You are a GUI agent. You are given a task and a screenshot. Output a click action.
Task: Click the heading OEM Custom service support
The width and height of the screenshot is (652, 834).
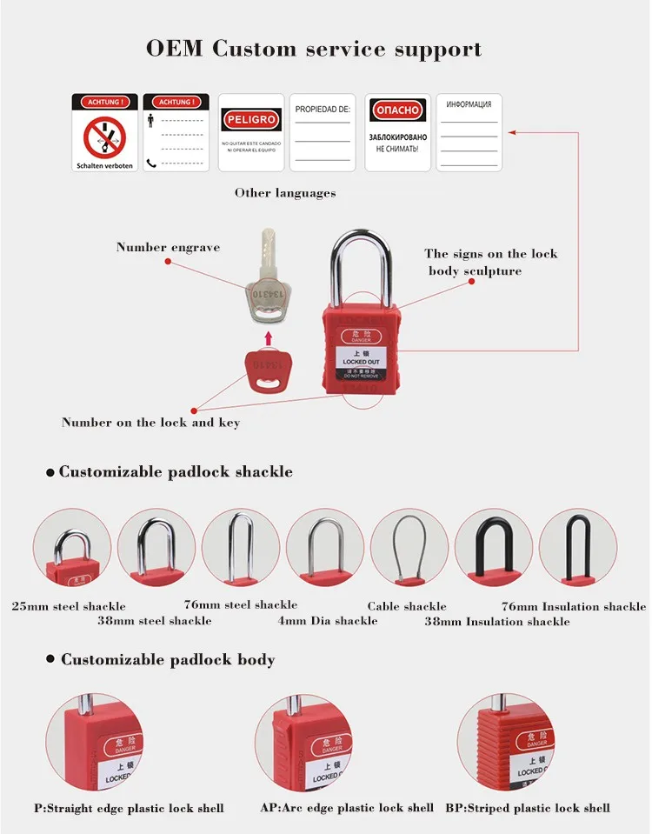313,49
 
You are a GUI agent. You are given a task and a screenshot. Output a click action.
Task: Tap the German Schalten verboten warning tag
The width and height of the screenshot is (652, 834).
104,133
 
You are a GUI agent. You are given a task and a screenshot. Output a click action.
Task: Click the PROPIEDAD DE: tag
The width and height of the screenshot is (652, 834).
322,133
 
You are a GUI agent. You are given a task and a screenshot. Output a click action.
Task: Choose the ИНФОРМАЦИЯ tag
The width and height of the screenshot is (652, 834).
468,133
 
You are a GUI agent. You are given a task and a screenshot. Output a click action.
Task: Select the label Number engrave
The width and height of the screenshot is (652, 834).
168,247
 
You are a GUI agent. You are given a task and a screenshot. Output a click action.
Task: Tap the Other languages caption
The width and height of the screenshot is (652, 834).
284,193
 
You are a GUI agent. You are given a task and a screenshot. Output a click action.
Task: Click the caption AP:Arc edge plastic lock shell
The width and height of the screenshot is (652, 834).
347,808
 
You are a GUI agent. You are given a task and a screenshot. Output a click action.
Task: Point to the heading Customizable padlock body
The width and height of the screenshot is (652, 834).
167,660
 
